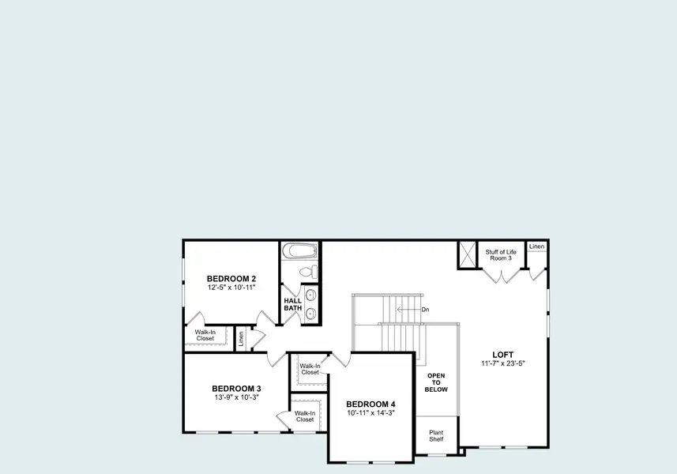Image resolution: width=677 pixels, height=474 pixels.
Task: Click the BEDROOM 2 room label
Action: click(x=231, y=279)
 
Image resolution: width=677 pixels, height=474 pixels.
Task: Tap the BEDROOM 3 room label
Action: click(x=236, y=389)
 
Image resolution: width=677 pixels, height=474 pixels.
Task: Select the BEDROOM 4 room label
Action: click(x=370, y=403)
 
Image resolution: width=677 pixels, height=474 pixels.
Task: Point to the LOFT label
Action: click(x=503, y=355)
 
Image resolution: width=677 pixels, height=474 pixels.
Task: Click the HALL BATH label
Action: click(x=293, y=303)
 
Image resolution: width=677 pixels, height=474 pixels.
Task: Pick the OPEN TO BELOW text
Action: click(x=436, y=382)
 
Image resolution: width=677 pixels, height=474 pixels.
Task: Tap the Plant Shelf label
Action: click(x=436, y=436)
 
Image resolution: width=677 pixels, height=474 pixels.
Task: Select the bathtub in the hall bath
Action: click(x=301, y=251)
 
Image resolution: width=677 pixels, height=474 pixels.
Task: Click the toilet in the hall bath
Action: click(x=310, y=272)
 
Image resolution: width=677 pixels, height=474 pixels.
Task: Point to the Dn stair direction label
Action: click(x=425, y=310)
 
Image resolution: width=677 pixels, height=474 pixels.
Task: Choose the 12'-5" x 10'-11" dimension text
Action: click(x=231, y=288)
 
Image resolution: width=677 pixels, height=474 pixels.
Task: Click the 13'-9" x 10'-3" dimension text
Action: click(x=236, y=397)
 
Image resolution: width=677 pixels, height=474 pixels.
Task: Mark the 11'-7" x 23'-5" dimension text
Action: click(x=503, y=363)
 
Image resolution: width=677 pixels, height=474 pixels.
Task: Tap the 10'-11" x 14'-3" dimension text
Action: click(x=370, y=412)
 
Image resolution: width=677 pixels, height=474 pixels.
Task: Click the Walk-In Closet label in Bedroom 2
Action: click(x=205, y=335)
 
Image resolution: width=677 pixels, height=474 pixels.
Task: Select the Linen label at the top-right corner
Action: click(x=537, y=247)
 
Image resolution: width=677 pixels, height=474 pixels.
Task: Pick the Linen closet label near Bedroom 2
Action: click(x=241, y=338)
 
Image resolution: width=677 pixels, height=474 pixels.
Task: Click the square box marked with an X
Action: click(x=468, y=255)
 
